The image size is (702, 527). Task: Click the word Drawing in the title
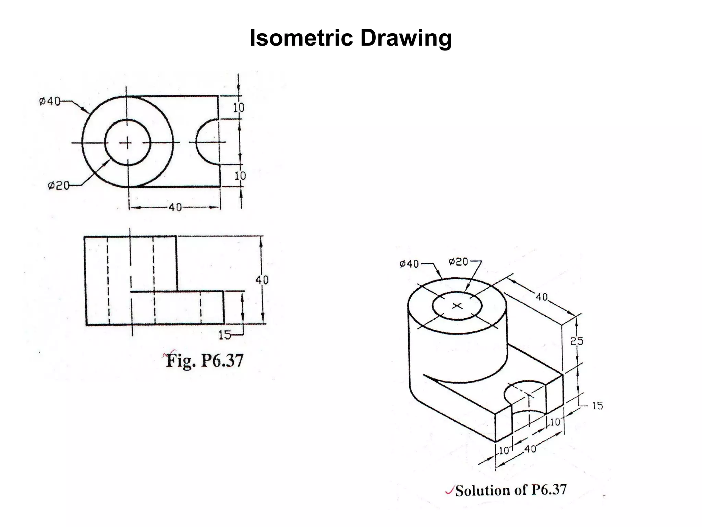tap(406, 38)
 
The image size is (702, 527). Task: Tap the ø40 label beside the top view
tap(49, 102)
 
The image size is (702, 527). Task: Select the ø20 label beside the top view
tap(58, 186)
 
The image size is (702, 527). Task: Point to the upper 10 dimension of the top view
tap(239, 108)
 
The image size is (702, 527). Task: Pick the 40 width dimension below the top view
tap(175, 207)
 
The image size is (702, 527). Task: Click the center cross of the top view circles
tap(128, 143)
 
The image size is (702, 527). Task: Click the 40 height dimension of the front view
tap(262, 280)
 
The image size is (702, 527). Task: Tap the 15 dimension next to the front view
tap(225, 335)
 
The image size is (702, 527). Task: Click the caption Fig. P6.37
tap(205, 361)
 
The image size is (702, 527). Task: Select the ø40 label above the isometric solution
tap(409, 264)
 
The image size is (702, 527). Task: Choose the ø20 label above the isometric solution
tap(458, 262)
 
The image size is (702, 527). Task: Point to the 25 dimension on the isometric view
tap(577, 341)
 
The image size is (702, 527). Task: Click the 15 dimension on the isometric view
tap(597, 406)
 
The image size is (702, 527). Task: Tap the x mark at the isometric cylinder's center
tap(457, 305)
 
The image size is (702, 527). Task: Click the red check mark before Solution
tap(449, 491)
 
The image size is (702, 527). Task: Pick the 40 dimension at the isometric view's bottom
tap(530, 449)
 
